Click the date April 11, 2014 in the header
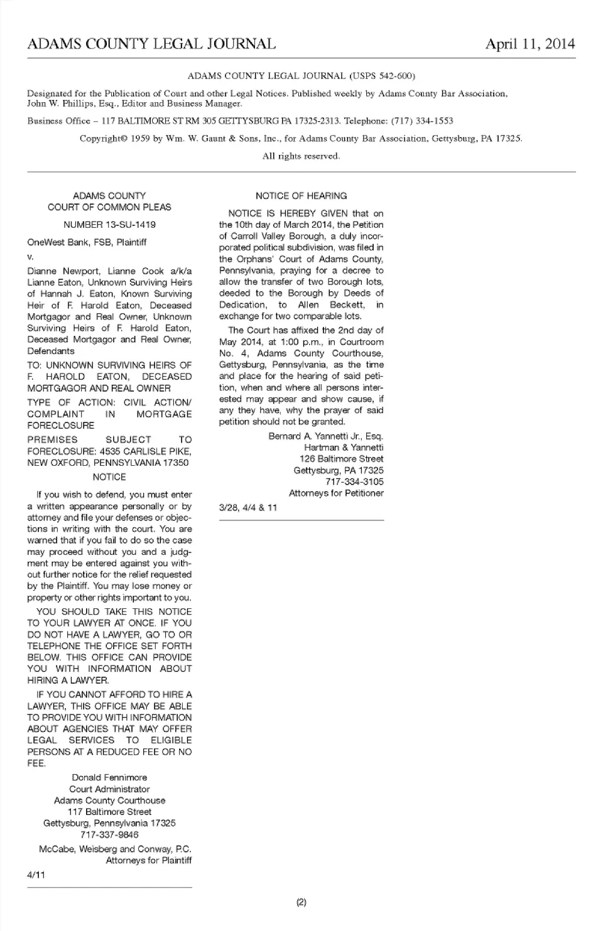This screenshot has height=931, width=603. coord(530,43)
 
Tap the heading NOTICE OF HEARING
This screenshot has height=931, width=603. coord(301,196)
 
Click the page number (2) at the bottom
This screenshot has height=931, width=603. coord(301,903)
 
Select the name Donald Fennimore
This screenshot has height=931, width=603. coord(109,778)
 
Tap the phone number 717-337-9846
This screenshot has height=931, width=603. coord(109,835)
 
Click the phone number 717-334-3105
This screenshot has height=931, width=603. coord(354,482)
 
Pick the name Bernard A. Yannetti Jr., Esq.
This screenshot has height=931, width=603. coord(325,436)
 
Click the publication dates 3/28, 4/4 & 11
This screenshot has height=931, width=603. coord(247,507)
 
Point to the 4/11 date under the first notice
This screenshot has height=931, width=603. coord(36,875)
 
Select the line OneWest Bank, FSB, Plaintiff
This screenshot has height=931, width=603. coord(87,242)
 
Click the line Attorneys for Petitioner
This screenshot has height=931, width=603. coord(336,493)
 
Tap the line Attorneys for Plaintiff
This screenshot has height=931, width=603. coord(148,861)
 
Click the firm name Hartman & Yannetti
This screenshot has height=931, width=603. coord(344,448)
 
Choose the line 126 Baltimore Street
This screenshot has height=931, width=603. coord(341,459)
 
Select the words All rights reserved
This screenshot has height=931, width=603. coord(301,156)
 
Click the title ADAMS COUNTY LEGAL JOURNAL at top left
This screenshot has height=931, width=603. coord(151,43)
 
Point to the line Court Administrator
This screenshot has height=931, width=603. coord(109,789)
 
